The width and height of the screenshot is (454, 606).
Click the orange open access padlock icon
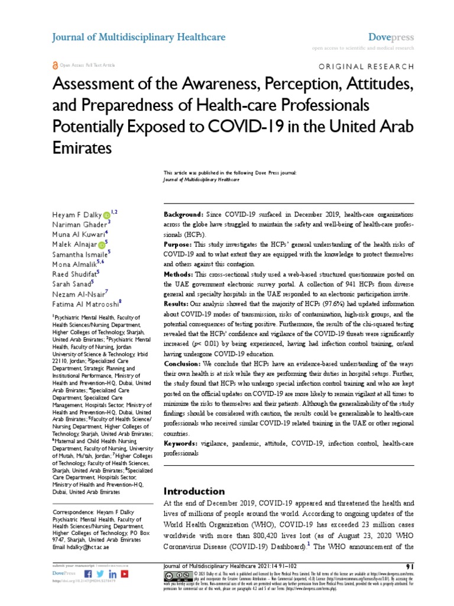click(56, 65)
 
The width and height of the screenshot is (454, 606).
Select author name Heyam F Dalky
click(76, 212)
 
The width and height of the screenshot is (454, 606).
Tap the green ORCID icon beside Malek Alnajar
click(101, 243)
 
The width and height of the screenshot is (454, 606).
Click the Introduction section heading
click(194, 491)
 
